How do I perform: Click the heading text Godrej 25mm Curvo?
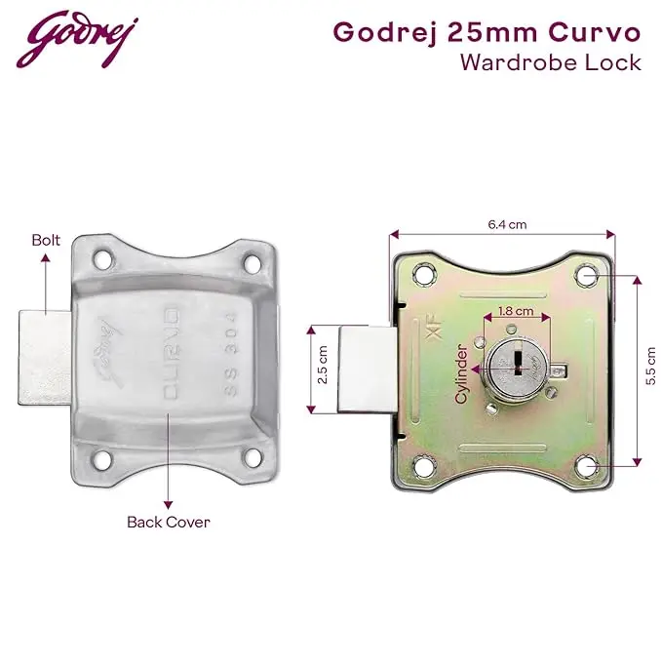coord(487,32)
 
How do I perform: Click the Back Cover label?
coord(168,522)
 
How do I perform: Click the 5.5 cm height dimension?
coord(650,367)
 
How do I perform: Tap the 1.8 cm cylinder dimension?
coord(516,311)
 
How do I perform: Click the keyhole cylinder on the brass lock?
coord(515,367)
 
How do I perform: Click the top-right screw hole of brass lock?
coord(588,275)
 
